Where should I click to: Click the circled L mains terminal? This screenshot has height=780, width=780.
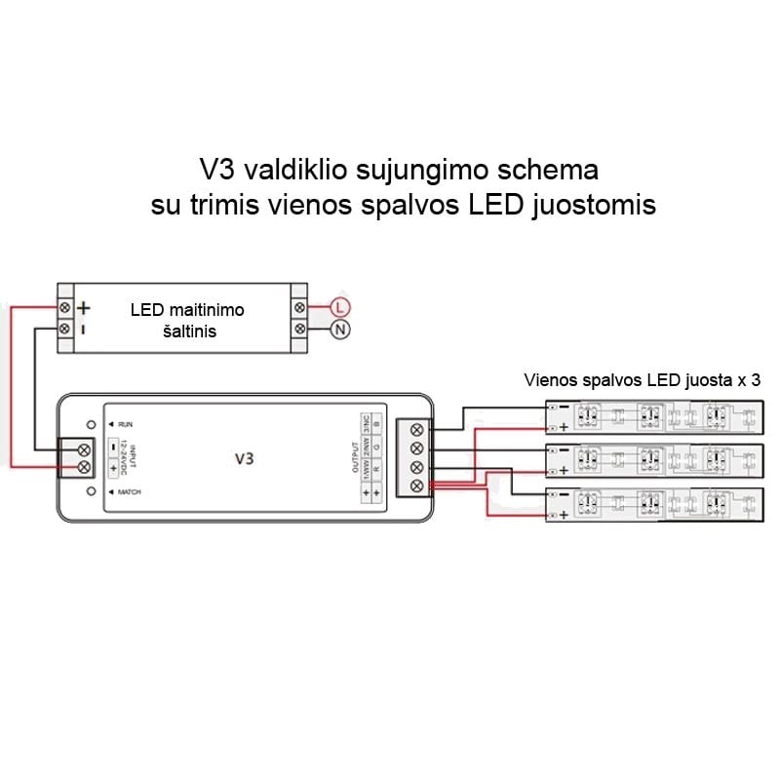pos(339,307)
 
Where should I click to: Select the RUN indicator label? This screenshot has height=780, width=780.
pos(126,425)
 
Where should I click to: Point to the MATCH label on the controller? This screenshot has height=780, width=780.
pos(130,492)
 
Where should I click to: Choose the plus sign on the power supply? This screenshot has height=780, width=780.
pos(84,307)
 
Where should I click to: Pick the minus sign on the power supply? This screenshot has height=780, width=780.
pos(84,329)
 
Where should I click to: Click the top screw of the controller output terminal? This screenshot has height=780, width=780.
pos(417,429)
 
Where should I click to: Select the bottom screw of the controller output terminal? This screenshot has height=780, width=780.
pos(417,486)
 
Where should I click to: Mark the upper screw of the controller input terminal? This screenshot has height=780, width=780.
pos(84,448)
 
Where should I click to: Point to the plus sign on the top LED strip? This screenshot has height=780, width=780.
pos(564,427)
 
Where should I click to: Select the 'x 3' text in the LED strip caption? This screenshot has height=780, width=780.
pos(749,381)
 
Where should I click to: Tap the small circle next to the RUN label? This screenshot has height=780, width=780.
pos(91,425)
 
